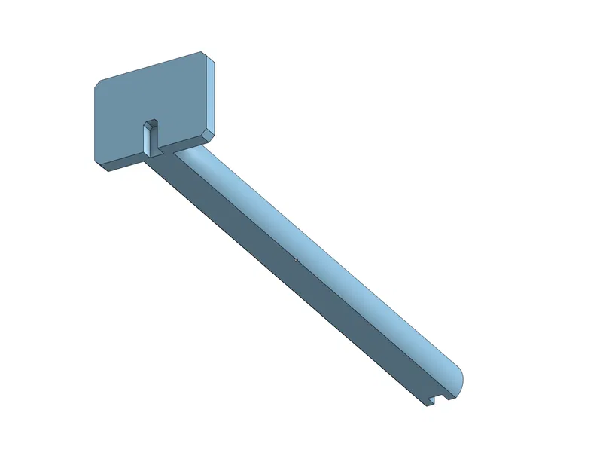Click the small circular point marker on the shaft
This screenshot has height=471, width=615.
click(296, 260)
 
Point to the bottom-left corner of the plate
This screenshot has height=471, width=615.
click(96, 159)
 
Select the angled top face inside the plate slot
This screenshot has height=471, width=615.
click(152, 123)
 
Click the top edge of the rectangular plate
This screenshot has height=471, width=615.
click(151, 66)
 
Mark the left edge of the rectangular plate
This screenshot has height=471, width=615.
click(94, 121)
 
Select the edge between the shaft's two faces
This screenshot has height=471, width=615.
click(301, 268)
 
